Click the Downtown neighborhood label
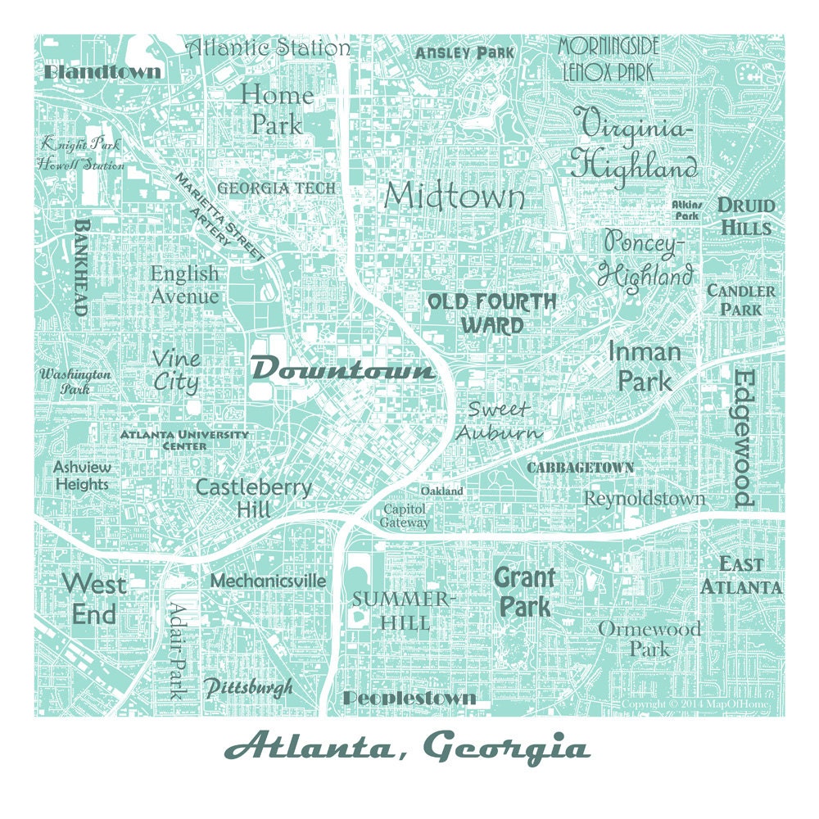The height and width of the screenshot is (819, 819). [342, 370]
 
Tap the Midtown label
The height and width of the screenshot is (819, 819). [455, 197]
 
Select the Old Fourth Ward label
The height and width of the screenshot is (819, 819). [491, 313]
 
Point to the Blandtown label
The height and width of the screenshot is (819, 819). [102, 72]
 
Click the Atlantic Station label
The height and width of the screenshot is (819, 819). [268, 47]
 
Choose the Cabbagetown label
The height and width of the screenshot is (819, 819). [580, 468]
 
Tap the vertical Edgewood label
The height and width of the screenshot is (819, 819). [742, 438]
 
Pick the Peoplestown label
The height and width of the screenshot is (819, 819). [409, 699]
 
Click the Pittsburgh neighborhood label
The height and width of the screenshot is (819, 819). [247, 687]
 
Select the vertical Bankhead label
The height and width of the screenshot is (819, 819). [81, 267]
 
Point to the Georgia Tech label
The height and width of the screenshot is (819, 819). [276, 188]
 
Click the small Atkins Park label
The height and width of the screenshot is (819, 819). [685, 210]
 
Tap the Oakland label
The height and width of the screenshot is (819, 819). [441, 491]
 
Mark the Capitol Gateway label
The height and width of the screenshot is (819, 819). [405, 516]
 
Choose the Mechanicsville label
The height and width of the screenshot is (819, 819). [268, 581]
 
